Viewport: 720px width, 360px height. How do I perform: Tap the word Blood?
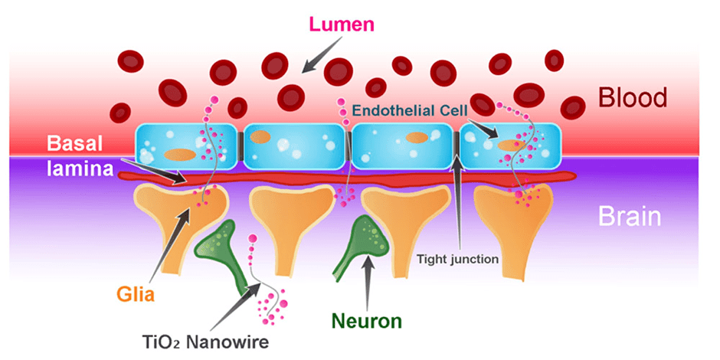(633, 97)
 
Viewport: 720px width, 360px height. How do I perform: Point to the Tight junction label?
(457, 259)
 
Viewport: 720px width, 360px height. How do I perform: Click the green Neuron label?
(365, 321)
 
